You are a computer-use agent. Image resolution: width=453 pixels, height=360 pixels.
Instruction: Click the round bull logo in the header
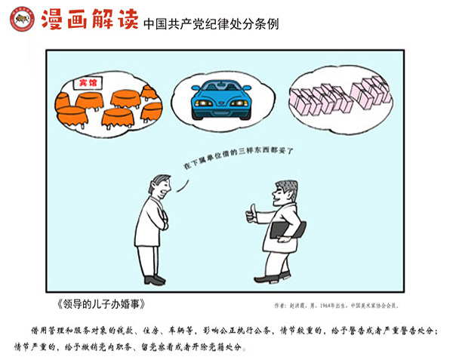[22, 19]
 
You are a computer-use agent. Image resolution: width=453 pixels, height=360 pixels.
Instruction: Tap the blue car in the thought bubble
[221, 100]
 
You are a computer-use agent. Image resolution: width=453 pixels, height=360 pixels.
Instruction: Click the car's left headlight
[204, 103]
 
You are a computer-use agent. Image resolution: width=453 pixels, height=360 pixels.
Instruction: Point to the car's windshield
[221, 86]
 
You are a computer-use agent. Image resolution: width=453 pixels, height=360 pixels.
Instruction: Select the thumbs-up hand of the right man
[251, 214]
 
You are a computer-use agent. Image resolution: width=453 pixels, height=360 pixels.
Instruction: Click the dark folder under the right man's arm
[288, 229]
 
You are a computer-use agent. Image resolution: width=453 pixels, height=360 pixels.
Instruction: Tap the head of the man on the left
[160, 186]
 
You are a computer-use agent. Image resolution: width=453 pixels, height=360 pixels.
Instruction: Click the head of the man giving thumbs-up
[285, 192]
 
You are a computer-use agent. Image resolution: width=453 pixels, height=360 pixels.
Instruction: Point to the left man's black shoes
[155, 280]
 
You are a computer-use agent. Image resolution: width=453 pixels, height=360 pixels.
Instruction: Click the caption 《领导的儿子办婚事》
[101, 304]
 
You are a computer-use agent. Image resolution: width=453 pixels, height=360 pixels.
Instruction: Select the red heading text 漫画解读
[90, 19]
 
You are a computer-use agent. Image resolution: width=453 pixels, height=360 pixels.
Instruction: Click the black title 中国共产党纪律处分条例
[211, 24]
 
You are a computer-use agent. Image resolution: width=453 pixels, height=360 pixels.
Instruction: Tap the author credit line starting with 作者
[337, 306]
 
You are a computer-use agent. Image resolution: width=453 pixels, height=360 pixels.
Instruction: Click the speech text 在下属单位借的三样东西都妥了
[239, 156]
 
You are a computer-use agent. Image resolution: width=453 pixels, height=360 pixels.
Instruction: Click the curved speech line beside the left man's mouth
[183, 186]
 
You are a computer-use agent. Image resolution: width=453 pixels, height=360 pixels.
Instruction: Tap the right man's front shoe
[267, 279]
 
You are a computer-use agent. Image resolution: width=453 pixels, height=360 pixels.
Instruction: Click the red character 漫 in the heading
[52, 19]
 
